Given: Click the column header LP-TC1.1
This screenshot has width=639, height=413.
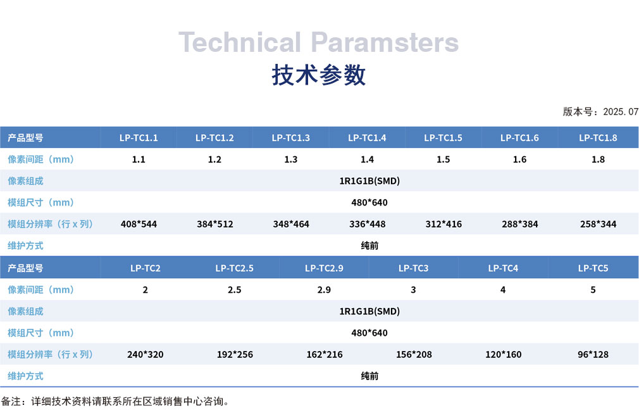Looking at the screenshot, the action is [139, 138].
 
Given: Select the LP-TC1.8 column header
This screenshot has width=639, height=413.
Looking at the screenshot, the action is [598, 138].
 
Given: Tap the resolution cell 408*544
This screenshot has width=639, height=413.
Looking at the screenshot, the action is [139, 224].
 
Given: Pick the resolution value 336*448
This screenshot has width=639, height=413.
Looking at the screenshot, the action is [367, 224].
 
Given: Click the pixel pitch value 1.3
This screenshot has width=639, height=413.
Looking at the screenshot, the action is [290, 159].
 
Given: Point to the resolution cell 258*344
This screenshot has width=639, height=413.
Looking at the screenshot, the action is [599, 224].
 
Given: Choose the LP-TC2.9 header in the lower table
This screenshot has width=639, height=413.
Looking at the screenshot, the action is [324, 268].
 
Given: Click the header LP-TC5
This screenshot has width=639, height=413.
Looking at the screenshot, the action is [593, 268].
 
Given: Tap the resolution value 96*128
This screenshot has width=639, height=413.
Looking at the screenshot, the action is [593, 354].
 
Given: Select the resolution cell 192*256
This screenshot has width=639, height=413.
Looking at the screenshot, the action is [235, 354].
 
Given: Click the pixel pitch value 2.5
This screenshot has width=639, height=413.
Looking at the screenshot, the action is [234, 290].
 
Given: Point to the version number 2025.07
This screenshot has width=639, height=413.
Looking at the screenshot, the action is [621, 111].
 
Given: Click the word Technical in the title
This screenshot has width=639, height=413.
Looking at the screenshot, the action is [240, 42].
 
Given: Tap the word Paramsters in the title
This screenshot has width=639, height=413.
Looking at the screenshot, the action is [385, 42].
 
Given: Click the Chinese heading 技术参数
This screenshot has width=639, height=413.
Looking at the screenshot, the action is [319, 75].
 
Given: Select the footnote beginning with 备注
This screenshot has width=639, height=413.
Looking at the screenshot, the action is [115, 402].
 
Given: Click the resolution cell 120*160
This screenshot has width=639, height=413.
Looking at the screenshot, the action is [504, 354].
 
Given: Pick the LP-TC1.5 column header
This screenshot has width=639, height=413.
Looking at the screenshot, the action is [443, 138].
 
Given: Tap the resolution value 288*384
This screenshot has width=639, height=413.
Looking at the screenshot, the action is [519, 224].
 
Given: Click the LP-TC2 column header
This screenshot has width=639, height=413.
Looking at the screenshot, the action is [145, 268].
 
